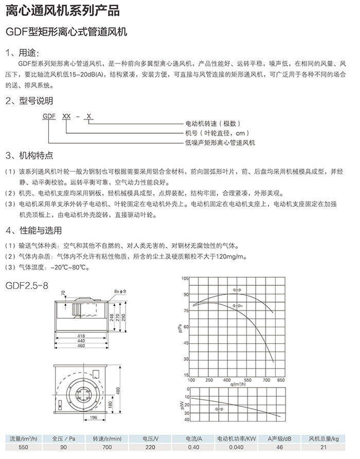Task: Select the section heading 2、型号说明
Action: tap(29, 101)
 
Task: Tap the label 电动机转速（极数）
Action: tap(212, 124)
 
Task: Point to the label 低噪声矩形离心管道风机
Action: tap(220, 142)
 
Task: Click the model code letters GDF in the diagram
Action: tap(49, 117)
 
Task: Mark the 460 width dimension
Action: tap(80, 346)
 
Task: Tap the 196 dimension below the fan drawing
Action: tap(94, 417)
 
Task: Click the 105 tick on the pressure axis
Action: tap(186, 278)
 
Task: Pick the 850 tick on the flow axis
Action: tap(281, 380)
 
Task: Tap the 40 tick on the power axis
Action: tap(187, 420)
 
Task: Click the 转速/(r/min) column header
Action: tap(107, 438)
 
